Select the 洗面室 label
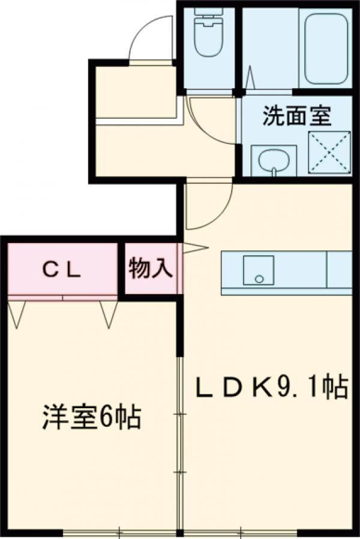coord(297,116)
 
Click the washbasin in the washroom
coord(273,160)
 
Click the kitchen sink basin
coord(258,271)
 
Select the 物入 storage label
coord(150,269)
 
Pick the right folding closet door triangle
coord(109,314)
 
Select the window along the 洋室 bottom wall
coord(120,532)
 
